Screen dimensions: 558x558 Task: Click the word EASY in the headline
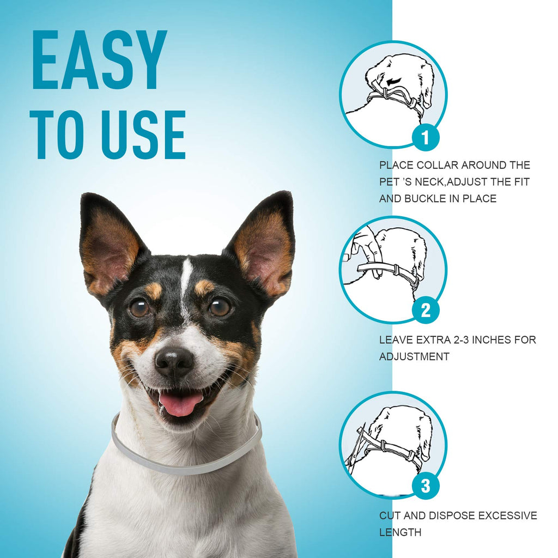coord(99,59)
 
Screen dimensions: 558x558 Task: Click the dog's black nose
coord(174,362)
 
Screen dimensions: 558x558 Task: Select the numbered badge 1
coord(426,137)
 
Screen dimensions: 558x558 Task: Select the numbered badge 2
coord(426,310)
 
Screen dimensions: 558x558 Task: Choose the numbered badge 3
coord(426,486)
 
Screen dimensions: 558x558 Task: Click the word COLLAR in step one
coord(437,165)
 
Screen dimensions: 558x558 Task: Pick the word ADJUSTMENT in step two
coord(414,356)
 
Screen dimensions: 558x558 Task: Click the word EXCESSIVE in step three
coord(507,515)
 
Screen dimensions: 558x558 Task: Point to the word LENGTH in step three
coord(401,532)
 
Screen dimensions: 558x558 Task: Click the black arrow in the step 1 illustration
coord(393,82)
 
